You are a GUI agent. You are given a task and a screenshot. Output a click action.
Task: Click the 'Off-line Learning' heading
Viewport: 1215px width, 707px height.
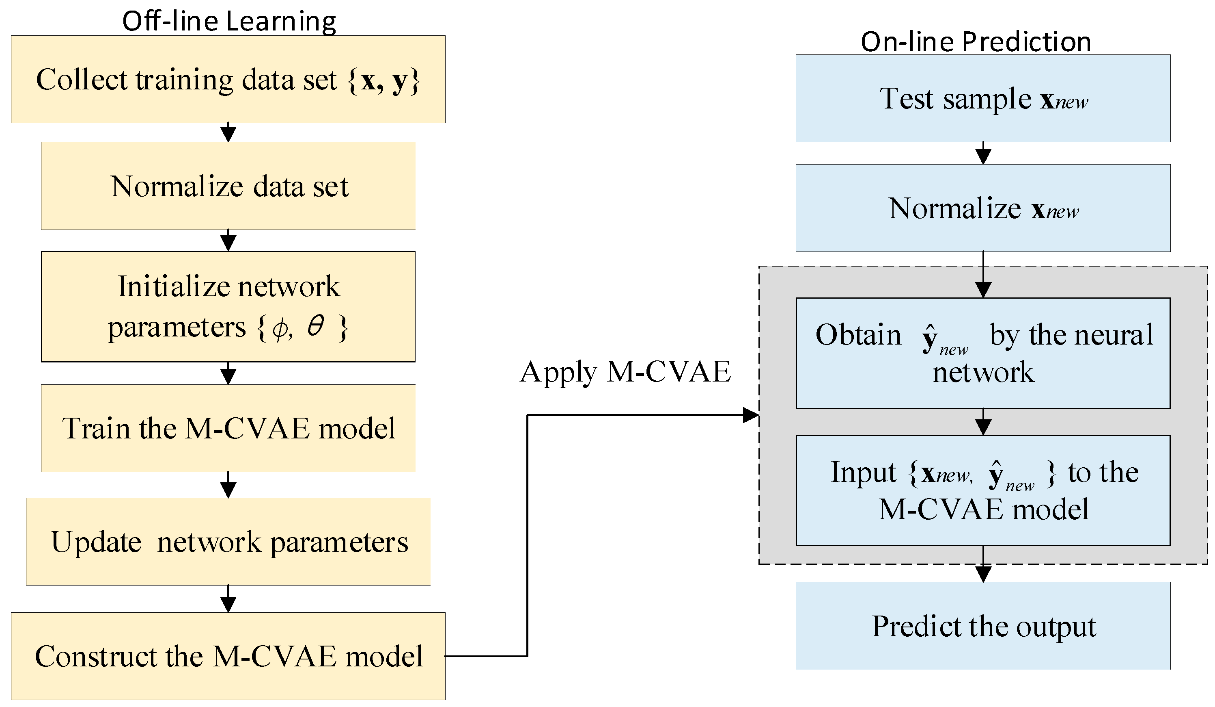(x=229, y=21)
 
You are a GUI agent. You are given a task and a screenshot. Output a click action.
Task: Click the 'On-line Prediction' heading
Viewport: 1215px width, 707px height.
(x=976, y=41)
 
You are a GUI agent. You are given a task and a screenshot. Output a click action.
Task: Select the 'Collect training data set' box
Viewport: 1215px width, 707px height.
(x=228, y=79)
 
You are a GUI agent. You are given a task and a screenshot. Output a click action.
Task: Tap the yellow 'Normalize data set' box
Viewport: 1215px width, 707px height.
(x=228, y=186)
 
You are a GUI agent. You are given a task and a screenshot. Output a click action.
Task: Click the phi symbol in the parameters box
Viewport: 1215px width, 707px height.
(x=280, y=329)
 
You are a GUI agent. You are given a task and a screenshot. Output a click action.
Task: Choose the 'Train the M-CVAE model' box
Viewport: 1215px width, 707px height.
(x=228, y=428)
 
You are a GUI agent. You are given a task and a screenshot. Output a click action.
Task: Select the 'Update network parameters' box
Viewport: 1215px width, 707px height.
(x=228, y=542)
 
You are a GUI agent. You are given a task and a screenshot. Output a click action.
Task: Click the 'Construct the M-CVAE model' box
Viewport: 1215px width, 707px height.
(x=228, y=656)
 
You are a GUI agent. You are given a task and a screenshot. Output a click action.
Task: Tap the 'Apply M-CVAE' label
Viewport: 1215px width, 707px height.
(x=625, y=372)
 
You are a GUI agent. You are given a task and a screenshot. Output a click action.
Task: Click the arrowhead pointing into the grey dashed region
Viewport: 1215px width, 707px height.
(x=750, y=415)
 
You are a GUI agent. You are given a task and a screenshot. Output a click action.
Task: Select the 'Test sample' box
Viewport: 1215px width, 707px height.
(x=982, y=98)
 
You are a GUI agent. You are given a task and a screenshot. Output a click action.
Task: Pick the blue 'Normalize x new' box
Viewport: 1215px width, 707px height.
(x=982, y=208)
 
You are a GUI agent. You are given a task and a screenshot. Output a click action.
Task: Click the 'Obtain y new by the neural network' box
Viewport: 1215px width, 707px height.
(x=982, y=353)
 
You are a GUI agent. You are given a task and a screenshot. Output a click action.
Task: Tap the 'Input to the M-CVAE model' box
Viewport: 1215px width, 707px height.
(x=982, y=490)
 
